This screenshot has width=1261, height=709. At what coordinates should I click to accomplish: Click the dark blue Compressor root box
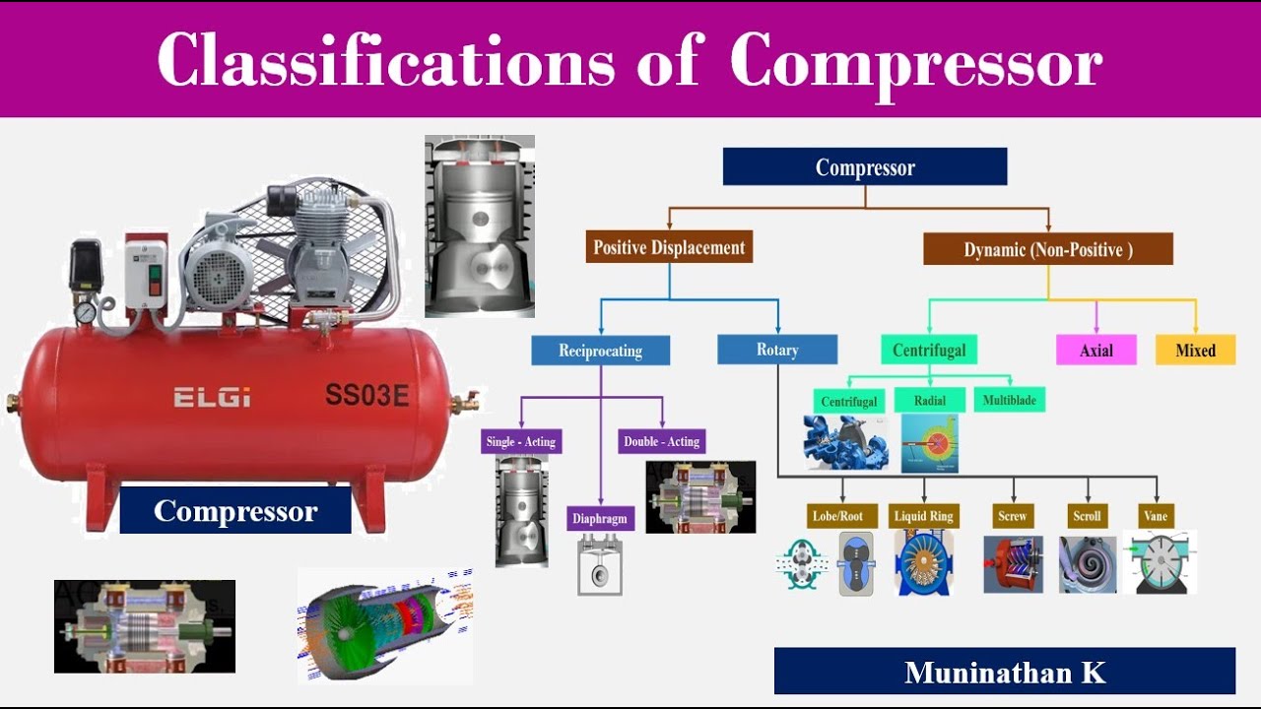[x=865, y=166]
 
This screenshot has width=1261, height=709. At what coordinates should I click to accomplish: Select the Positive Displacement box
[x=669, y=247]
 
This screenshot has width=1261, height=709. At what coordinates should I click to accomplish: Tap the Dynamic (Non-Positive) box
[x=1048, y=249]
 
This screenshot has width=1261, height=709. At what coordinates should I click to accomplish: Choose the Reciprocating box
[x=600, y=351]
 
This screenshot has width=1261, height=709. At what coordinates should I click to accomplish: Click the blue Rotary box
[x=777, y=350]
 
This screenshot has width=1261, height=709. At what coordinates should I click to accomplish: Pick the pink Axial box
[x=1095, y=350]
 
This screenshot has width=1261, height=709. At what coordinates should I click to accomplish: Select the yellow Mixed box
[x=1195, y=350]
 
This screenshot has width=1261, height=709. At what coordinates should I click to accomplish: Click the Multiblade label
[x=1010, y=400]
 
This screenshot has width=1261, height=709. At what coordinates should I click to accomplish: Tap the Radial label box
[x=930, y=400]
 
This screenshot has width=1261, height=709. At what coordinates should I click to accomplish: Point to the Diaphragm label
[x=600, y=518]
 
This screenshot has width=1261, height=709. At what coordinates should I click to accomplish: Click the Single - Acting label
[x=521, y=441]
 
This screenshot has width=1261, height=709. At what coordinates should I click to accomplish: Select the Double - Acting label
[x=662, y=441]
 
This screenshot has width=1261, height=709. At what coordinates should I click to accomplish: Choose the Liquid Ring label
[x=924, y=516]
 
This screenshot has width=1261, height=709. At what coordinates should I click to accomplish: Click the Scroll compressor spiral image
[x=1088, y=564]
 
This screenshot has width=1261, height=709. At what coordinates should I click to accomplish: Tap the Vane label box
[x=1156, y=516]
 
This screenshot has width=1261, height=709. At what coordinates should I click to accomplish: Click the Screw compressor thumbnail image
[x=1013, y=564]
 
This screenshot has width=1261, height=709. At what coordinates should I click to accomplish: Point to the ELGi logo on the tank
[x=212, y=398]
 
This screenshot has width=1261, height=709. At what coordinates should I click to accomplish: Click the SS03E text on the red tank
[x=366, y=396]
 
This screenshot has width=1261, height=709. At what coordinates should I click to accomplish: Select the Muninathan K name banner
[x=1004, y=672]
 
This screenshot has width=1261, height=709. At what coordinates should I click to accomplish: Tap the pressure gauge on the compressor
[x=86, y=312]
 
